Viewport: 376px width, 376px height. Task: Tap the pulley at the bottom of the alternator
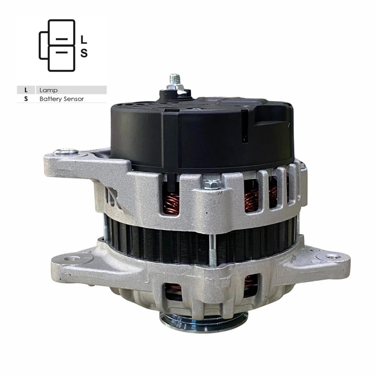[204, 322]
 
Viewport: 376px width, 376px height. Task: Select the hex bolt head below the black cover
[212, 183]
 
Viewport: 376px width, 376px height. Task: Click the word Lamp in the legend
[49, 90]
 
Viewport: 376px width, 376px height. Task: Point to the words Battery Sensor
[61, 99]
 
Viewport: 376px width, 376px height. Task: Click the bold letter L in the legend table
[26, 90]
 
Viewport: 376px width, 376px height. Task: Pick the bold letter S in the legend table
[26, 99]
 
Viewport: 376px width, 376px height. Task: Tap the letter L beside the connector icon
[83, 40]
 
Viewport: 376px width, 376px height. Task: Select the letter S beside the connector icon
[83, 53]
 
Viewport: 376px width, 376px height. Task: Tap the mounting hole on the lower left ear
[72, 258]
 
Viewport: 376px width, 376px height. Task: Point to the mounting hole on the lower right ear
[333, 257]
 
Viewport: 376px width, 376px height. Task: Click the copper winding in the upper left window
[171, 204]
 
